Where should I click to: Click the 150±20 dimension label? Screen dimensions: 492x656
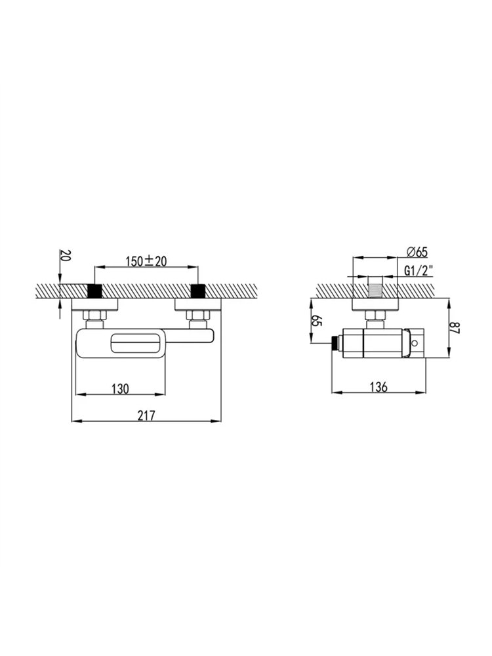[146, 262]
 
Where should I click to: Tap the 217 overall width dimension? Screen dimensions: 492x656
[146, 415]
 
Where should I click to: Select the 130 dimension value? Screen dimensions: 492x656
[121, 388]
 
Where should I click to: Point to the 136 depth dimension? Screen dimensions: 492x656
[379, 387]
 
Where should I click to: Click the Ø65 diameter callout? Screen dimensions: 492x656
[417, 252]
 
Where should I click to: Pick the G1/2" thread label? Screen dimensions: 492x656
[419, 271]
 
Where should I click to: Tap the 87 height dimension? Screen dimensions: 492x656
[455, 327]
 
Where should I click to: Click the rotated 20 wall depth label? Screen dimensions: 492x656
[66, 255]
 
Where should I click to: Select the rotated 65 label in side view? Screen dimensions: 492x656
[317, 322]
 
